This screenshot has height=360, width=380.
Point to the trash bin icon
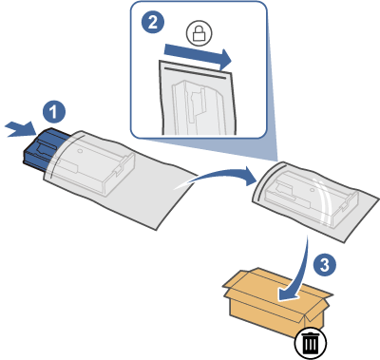[x=311, y=341]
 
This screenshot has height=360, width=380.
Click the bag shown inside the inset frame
[x=195, y=100]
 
